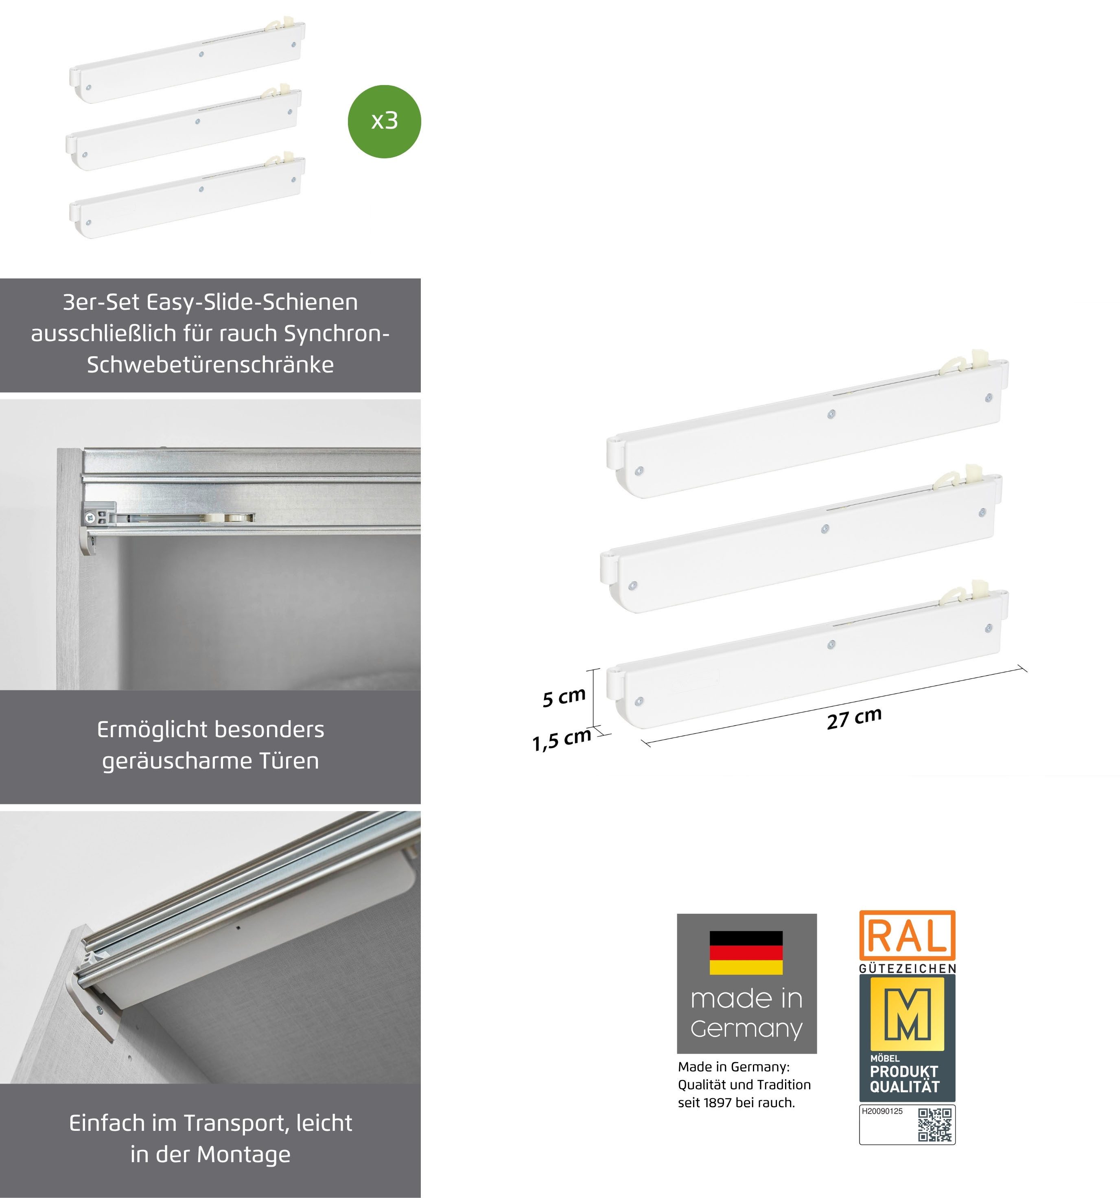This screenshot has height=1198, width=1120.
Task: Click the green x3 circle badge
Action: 384,121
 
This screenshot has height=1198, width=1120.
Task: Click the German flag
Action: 746,953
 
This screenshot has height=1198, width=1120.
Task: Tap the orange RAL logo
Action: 907,935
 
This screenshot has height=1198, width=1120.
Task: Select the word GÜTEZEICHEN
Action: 907,969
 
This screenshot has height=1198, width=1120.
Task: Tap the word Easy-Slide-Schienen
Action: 252,302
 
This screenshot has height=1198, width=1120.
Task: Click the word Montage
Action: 243,1154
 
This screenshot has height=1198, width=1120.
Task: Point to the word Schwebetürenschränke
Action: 210,365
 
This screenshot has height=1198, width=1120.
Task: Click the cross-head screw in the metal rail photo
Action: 90,517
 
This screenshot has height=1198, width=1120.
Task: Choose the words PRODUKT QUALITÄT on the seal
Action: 904,1079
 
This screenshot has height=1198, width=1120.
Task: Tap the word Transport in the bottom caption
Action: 234,1123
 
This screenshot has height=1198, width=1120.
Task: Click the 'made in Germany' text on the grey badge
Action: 746,1014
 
